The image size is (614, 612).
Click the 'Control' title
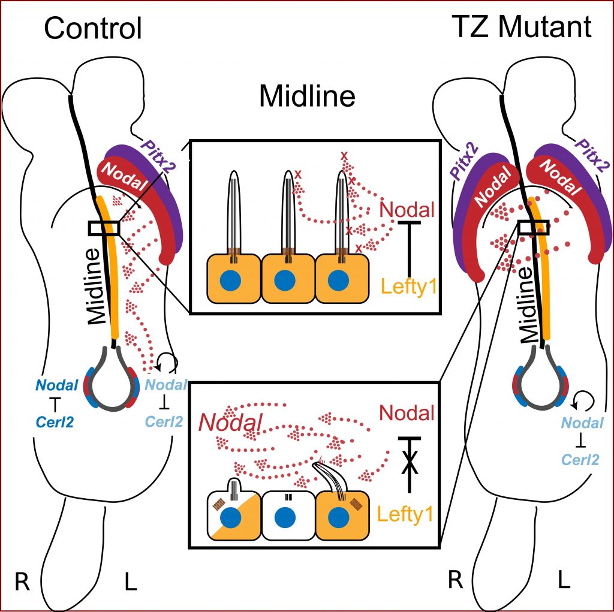click(93, 28)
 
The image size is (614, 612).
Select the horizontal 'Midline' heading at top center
click(307, 96)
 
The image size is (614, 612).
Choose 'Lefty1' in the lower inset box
click(407, 514)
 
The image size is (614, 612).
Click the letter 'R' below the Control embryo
click(22, 582)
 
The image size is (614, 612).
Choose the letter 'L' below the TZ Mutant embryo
click(564, 581)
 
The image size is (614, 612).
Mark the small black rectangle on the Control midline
click(104, 228)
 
